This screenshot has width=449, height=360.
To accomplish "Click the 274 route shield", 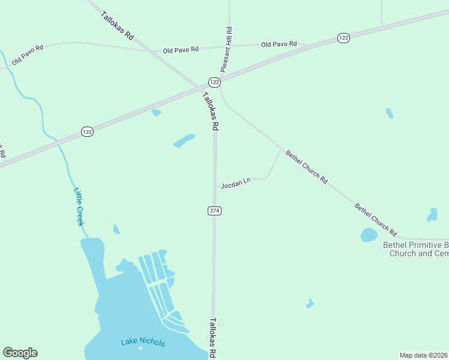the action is point(215,211).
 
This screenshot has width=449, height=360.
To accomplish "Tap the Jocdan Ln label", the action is point(235,185).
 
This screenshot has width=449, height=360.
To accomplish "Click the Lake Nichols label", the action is point(143,343).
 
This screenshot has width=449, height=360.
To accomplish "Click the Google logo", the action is point(20,353).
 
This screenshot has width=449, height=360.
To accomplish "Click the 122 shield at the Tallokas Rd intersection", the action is point(215,82).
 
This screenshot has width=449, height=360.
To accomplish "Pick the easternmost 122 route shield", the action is point(343,38).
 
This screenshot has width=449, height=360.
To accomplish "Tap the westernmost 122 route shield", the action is point(88,131).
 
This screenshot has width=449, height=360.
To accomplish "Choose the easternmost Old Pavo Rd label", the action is point(279,44).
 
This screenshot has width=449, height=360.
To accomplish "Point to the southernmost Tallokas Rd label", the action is point(212,338).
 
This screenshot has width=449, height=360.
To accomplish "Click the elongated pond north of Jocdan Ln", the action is point(184,141).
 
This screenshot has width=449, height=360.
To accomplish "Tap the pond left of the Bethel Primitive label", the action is point(369,235).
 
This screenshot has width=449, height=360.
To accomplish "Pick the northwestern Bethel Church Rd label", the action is point(306,167).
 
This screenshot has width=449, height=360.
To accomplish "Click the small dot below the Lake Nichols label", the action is point(140,349).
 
